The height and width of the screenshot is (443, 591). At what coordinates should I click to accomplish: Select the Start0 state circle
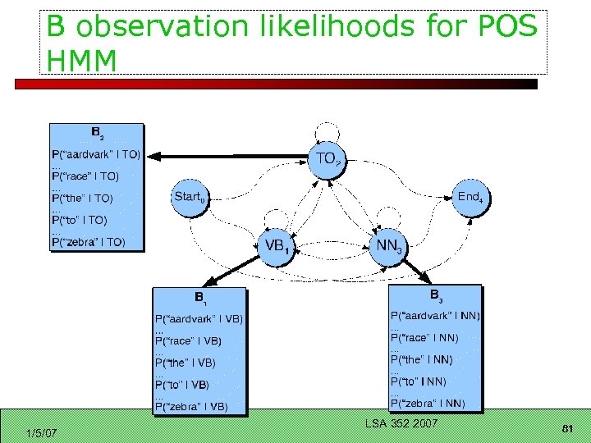pos(190,197)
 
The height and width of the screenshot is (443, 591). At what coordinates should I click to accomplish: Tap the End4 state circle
pos(470,197)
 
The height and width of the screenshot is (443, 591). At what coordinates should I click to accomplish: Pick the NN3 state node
pos(389,246)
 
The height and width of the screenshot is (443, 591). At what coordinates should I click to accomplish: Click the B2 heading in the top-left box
pos(97,132)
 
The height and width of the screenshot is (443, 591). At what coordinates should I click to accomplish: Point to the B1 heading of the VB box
pos(199,297)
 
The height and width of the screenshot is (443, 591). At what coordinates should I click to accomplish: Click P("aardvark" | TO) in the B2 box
pos(95,154)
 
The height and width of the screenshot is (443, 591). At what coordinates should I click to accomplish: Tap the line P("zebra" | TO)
pos(88,242)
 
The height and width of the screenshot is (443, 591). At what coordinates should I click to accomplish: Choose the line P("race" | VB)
pos(188,340)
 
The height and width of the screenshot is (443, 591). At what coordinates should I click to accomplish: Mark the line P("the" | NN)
pos(421,359)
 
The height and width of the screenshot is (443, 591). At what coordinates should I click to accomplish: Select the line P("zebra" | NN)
pos(427,403)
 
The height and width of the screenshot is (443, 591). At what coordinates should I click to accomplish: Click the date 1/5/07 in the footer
pos(41,432)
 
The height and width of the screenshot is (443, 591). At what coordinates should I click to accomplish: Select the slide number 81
pos(566,430)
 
